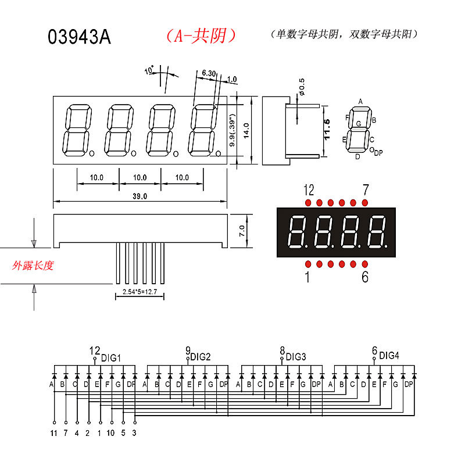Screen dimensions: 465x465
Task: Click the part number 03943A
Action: click(79, 37)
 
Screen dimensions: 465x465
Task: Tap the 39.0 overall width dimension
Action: click(139, 196)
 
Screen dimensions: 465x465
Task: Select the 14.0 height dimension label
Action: click(246, 131)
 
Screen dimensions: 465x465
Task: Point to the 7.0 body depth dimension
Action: click(242, 231)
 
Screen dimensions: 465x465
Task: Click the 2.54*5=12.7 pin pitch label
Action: click(139, 292)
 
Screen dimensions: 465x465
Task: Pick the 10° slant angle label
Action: click(149, 70)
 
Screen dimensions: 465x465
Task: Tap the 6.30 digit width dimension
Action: click(209, 73)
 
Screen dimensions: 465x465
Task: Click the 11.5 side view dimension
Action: click(327, 129)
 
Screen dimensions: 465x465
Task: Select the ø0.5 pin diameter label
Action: click(302, 87)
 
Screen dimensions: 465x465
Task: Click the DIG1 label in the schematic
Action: click(111, 358)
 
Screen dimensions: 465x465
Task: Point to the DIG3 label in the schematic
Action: click(296, 357)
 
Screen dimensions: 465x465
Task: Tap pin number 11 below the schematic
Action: click(53, 433)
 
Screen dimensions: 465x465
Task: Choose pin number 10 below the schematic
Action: click(110, 433)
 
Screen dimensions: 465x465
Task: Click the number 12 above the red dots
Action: click(309, 190)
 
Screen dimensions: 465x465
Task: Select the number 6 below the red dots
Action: click(365, 277)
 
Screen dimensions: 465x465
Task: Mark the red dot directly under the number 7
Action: click(365, 203)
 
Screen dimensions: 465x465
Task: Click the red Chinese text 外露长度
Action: click(33, 266)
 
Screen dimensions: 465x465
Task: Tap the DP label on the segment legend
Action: click(378, 153)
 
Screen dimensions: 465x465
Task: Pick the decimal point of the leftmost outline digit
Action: click(92, 153)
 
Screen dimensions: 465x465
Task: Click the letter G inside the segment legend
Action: click(359, 123)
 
